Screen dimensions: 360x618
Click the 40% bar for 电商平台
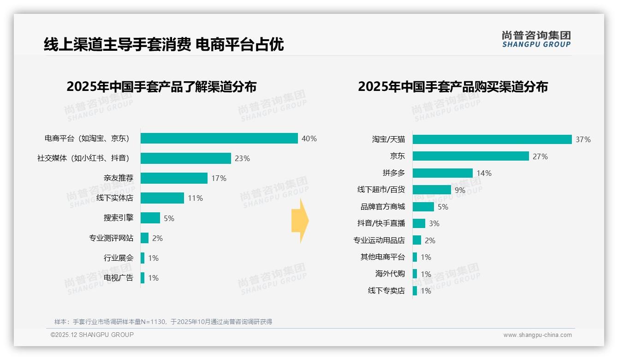pyautogui.click(x=219, y=138)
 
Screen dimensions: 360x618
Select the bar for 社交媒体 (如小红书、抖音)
pyautogui.click(x=185, y=158)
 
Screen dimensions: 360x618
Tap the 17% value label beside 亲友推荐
pyautogui.click(x=219, y=178)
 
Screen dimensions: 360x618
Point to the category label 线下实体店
pyautogui.click(x=115, y=198)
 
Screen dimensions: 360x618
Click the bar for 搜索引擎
pyautogui.click(x=150, y=218)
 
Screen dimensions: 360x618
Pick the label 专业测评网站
pyautogui.click(x=111, y=238)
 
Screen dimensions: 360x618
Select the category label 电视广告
pyautogui.click(x=119, y=278)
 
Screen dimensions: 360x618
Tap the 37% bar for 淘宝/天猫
pyautogui.click(x=492, y=139)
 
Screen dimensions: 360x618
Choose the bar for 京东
pyautogui.click(x=470, y=156)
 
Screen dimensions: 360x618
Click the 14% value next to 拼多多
pyautogui.click(x=484, y=173)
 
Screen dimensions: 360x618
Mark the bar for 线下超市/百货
pyautogui.click(x=432, y=190)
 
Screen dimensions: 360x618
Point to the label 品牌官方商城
pyautogui.click(x=383, y=207)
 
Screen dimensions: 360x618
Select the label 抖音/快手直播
pyautogui.click(x=381, y=223)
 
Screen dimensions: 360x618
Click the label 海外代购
pyautogui.click(x=390, y=274)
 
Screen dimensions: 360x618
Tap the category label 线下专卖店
pyautogui.click(x=386, y=291)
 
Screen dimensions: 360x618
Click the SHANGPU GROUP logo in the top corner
pyautogui.click(x=536, y=39)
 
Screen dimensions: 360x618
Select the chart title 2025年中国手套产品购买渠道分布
pyautogui.click(x=453, y=87)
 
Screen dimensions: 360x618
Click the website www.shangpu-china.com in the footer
pyautogui.click(x=537, y=335)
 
